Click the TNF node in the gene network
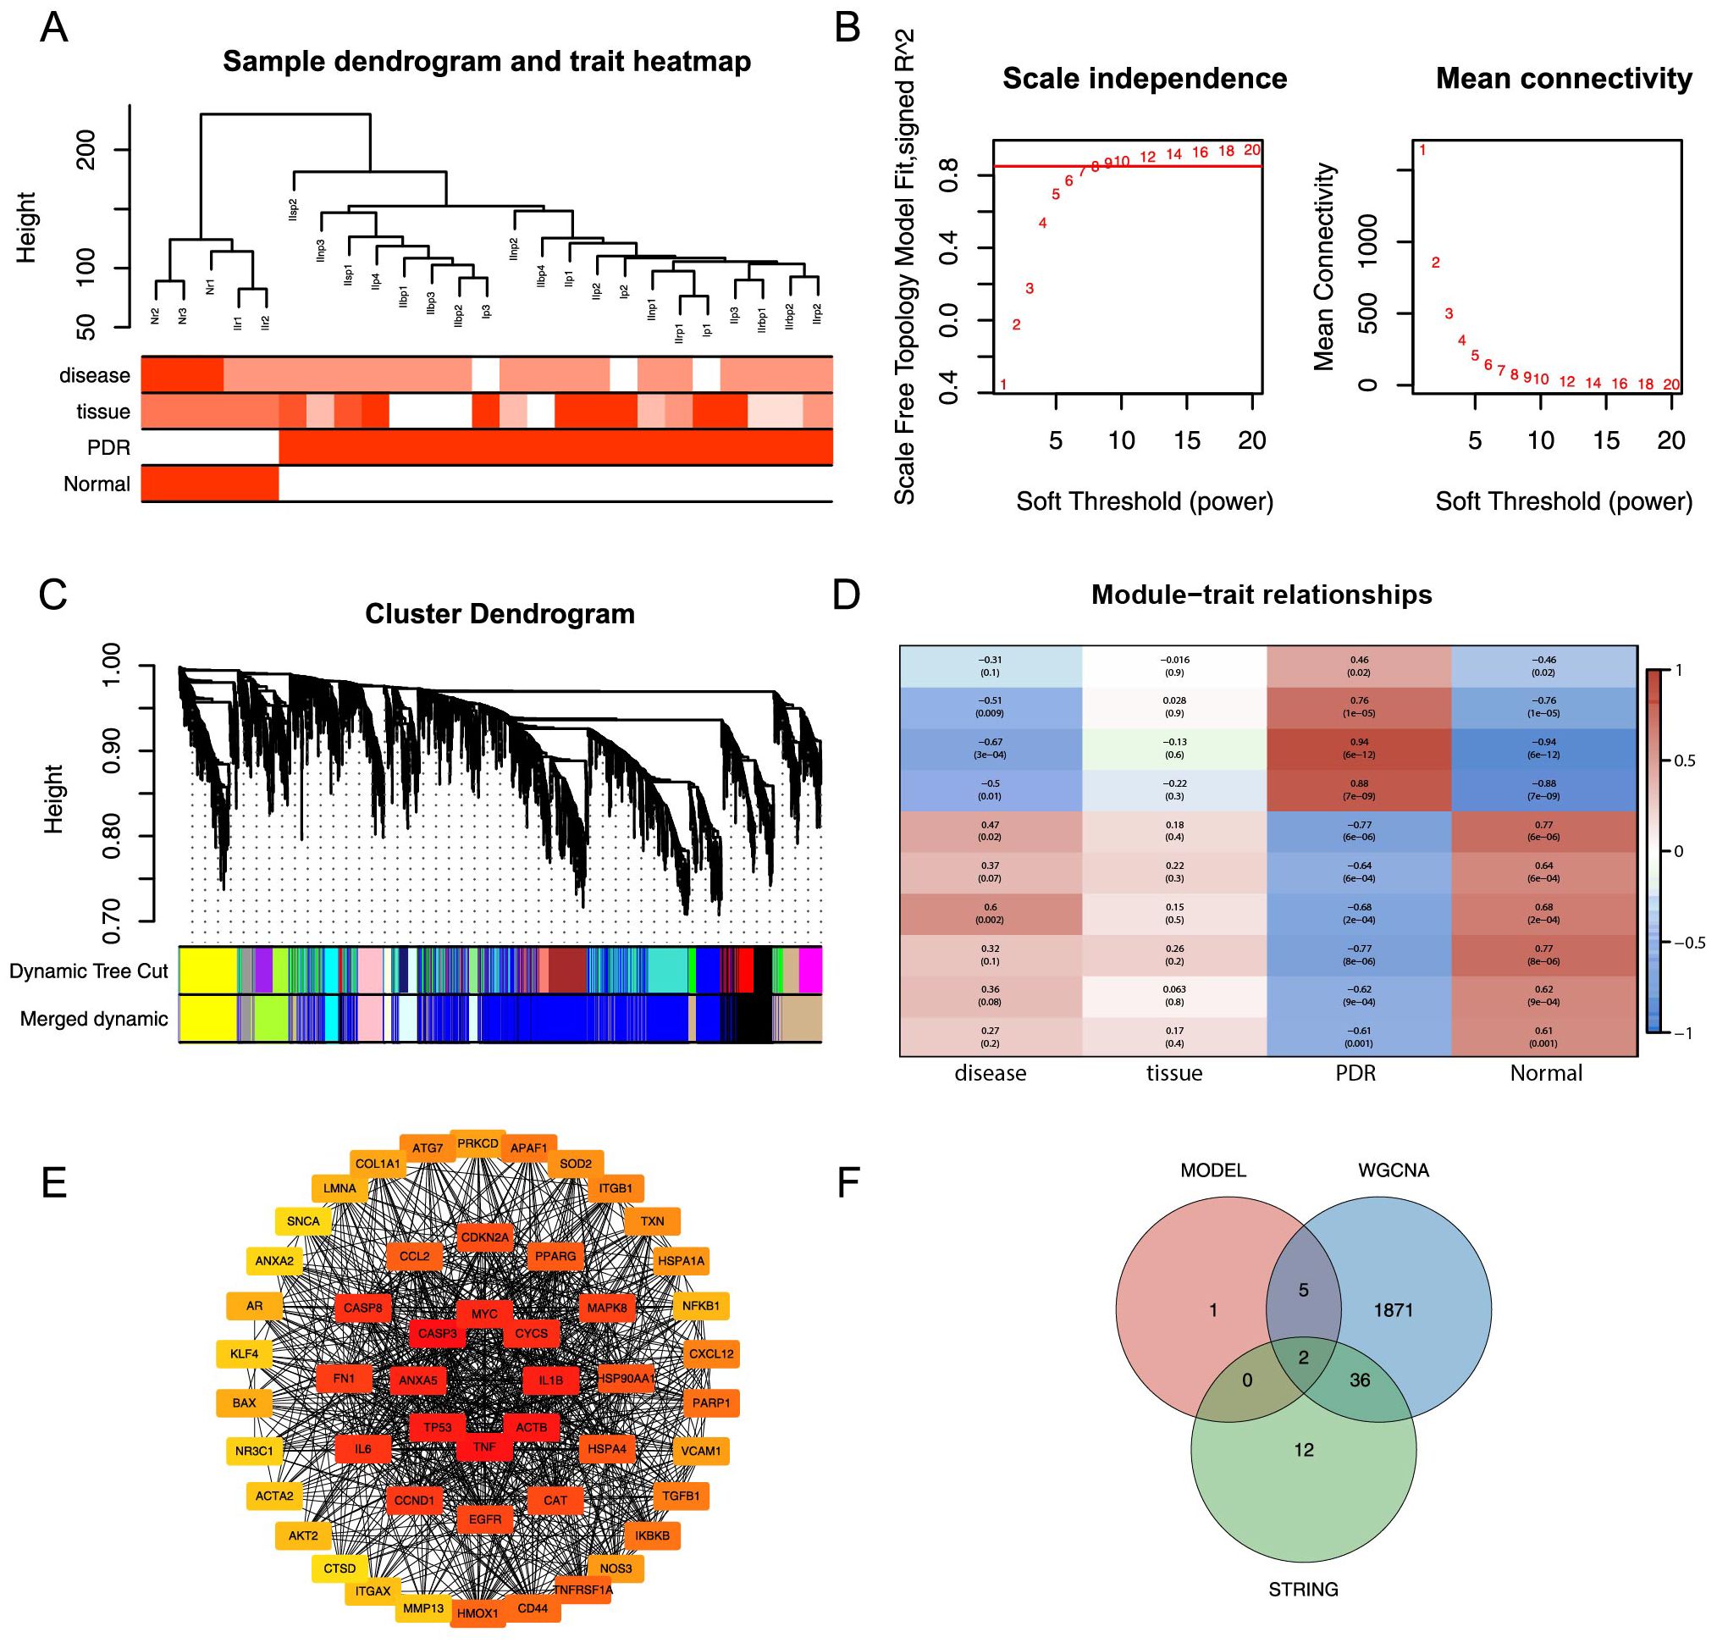(x=484, y=1447)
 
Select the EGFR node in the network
(x=484, y=1519)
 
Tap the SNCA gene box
(x=303, y=1221)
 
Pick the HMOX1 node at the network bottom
(x=478, y=1613)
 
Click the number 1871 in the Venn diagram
(x=1393, y=1310)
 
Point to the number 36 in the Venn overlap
(x=1359, y=1380)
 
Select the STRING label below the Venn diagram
(x=1303, y=1590)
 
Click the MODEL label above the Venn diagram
(x=1212, y=1170)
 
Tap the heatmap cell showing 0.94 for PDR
(x=1359, y=748)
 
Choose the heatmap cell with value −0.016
(x=1174, y=666)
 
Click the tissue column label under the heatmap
(x=1174, y=1073)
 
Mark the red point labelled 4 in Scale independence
(x=1042, y=224)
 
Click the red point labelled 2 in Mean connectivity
(x=1435, y=263)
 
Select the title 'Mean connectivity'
(x=1564, y=79)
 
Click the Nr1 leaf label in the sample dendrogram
(x=210, y=287)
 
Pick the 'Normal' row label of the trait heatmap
(x=97, y=484)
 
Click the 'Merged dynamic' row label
(x=94, y=1019)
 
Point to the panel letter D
(x=846, y=595)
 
